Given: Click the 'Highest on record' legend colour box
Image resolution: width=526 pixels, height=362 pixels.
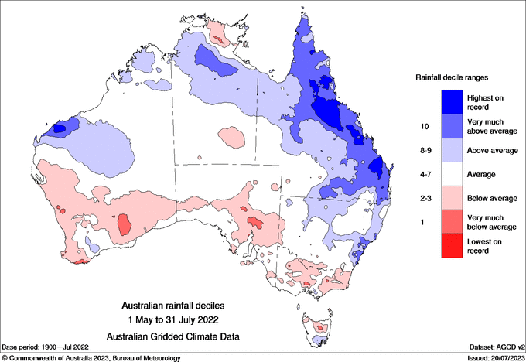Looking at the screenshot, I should pyautogui.click(x=453, y=101).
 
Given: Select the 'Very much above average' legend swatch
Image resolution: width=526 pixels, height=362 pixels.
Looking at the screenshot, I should pyautogui.click(x=453, y=125).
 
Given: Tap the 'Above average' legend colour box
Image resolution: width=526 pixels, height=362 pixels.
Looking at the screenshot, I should pyautogui.click(x=453, y=150).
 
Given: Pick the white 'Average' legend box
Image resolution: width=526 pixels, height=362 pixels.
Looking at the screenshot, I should pyautogui.click(x=453, y=174).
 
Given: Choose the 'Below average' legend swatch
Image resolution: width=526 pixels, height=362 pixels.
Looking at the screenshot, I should pyautogui.click(x=453, y=199).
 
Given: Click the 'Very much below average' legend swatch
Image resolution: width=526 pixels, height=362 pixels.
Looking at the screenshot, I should pyautogui.click(x=453, y=223).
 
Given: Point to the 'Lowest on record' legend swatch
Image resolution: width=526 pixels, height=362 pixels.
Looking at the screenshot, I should pyautogui.click(x=453, y=247).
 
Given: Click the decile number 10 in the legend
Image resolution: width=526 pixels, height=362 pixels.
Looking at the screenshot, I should pyautogui.click(x=424, y=125).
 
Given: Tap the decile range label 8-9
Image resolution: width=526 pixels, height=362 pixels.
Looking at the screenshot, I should pyautogui.click(x=424, y=150).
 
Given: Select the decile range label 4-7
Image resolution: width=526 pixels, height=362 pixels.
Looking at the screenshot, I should pyautogui.click(x=424, y=175).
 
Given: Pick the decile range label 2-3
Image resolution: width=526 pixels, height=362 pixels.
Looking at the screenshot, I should pyautogui.click(x=424, y=199).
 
